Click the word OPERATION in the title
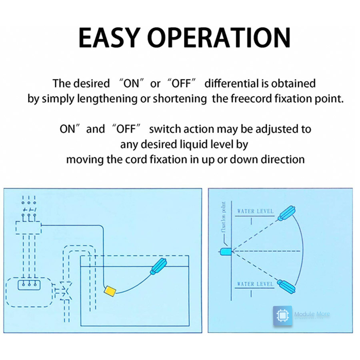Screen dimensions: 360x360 (x=219, y=38)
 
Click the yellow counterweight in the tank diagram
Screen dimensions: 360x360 (x=110, y=291)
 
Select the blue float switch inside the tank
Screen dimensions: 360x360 (x=159, y=266)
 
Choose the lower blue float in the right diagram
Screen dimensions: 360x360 (x=287, y=286)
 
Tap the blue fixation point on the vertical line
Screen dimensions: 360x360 (x=226, y=252)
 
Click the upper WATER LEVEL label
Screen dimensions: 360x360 (x=255, y=211)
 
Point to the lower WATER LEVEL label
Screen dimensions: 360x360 (x=255, y=284)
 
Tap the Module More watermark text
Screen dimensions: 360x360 (x=312, y=314)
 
